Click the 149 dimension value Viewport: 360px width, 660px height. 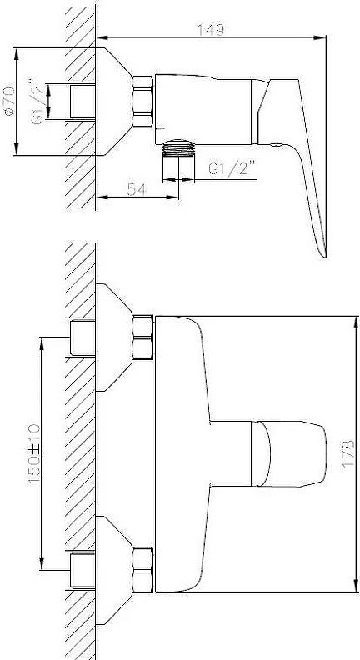pyautogui.click(x=211, y=30)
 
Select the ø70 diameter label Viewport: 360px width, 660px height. pyautogui.click(x=8, y=101)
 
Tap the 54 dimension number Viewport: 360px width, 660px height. pyautogui.click(x=137, y=189)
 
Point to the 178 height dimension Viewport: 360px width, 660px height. pyautogui.click(x=348, y=453)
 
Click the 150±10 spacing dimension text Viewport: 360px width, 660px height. pyautogui.click(x=34, y=454)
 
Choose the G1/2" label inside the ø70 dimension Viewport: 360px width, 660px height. pyautogui.click(x=37, y=102)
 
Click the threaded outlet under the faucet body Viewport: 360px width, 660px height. pyautogui.click(x=179, y=160)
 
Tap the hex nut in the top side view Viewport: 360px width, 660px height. pyautogui.click(x=142, y=102)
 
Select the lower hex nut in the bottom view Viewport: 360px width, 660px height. pyautogui.click(x=142, y=571)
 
